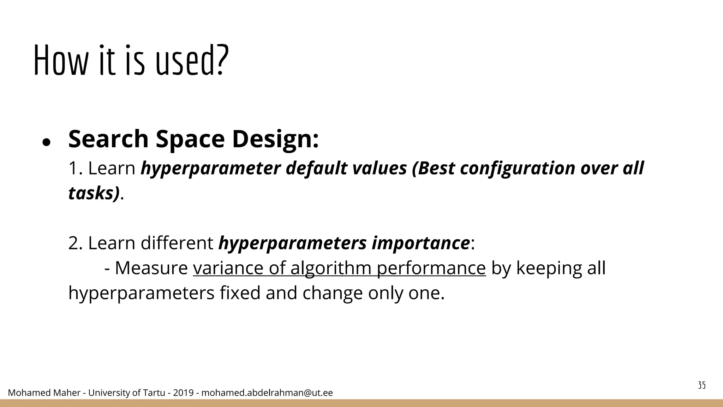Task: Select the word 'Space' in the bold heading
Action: (190, 139)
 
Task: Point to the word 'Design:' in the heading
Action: (275, 139)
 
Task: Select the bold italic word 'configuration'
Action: (518, 168)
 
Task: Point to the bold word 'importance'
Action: (420, 243)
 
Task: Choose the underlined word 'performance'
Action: (431, 268)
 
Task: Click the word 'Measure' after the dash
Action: (151, 268)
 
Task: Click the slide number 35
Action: (702, 385)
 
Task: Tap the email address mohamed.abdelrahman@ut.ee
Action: (267, 393)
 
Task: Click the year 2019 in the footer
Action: (183, 393)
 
